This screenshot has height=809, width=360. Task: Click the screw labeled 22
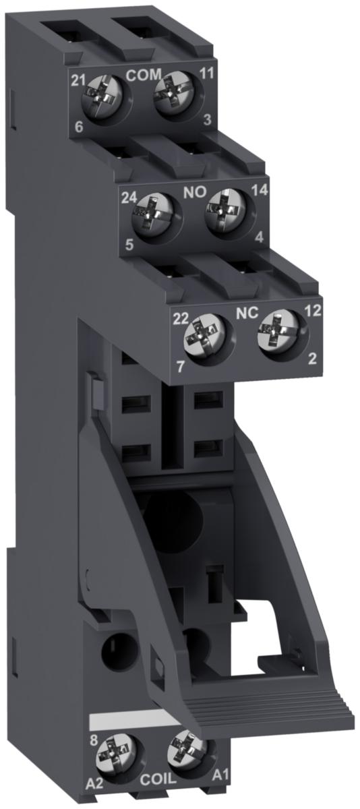tap(204, 338)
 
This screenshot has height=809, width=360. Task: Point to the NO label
tap(195, 191)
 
